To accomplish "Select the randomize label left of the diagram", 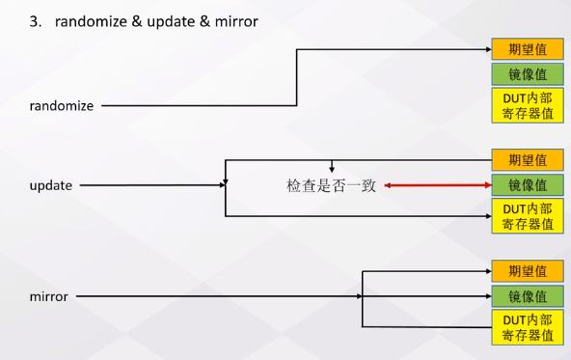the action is [62, 106].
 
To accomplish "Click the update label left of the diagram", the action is [51, 184].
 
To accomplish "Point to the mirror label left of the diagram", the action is [49, 296].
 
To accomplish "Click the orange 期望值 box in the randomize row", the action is [527, 49].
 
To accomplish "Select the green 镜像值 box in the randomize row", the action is [527, 73].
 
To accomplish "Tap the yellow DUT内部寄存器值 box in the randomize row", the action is [527, 105].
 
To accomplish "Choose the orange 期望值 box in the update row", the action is [527, 160].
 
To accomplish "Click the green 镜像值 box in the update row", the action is [527, 184].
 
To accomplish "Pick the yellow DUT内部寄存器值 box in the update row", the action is [527, 216].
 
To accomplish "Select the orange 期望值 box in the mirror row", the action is [527, 271].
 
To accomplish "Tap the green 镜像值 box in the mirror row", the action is [527, 296].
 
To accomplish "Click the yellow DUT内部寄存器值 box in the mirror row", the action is [527, 327].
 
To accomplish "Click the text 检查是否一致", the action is [331, 185].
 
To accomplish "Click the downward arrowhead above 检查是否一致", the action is [331, 169].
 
